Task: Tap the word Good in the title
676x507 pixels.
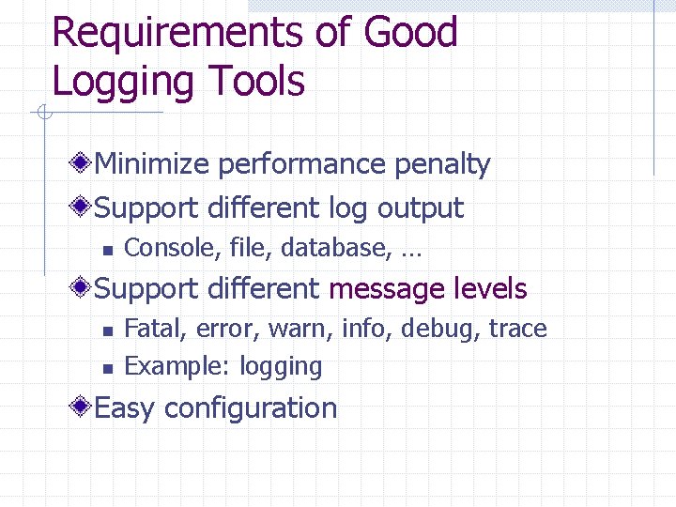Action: [410, 33]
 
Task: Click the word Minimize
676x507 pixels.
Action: [152, 164]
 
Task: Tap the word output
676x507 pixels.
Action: [421, 208]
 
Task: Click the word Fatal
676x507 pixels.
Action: [146, 329]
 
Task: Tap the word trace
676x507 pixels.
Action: [517, 329]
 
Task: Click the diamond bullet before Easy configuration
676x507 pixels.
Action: [84, 407]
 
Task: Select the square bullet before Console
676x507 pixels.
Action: [108, 250]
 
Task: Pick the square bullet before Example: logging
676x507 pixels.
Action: [108, 367]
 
